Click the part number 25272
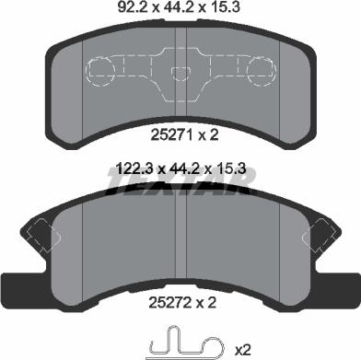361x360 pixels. coord(169,303)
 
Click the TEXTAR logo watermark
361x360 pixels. coord(180,183)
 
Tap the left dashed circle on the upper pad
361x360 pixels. coord(100,71)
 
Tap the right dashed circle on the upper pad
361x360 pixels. coord(261,71)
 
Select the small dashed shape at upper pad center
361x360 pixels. coord(180,73)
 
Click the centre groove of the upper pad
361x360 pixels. coord(180,73)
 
